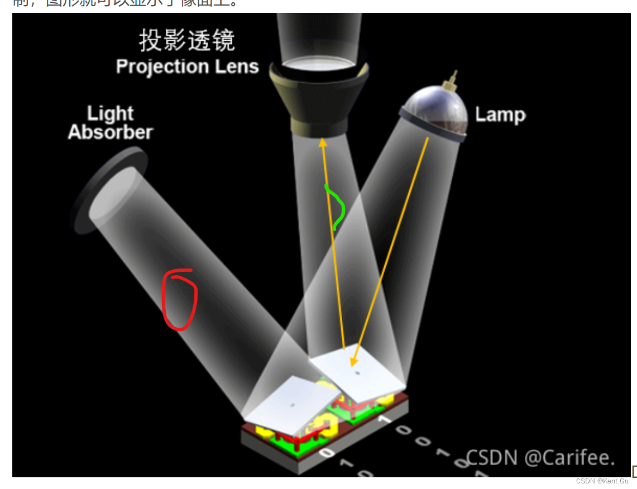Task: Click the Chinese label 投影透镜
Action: [x=186, y=41]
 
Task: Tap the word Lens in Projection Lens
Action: [x=238, y=67]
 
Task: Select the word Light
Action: [x=110, y=114]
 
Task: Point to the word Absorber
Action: [x=110, y=132]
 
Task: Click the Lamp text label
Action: [x=500, y=115]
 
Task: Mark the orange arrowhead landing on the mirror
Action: [x=353, y=362]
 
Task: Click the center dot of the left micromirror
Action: [x=291, y=405]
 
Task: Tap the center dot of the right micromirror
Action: [x=357, y=373]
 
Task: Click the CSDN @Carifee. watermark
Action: [x=540, y=457]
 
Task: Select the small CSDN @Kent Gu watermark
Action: [x=602, y=481]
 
